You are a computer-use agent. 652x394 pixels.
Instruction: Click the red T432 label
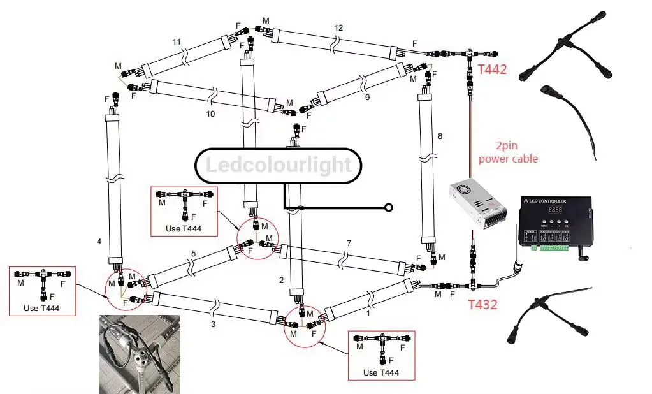(x=482, y=304)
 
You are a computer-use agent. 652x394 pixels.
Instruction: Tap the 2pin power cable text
(x=508, y=153)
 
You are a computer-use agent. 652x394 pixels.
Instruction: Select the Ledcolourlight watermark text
(x=278, y=166)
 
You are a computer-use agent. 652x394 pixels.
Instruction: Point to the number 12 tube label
(x=338, y=27)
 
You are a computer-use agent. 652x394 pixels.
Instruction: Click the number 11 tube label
(x=177, y=42)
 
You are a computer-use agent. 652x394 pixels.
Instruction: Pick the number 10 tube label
(x=210, y=114)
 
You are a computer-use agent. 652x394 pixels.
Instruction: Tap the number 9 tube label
(x=367, y=98)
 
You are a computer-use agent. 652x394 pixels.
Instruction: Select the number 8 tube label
(x=440, y=136)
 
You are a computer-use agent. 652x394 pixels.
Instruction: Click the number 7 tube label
(x=349, y=244)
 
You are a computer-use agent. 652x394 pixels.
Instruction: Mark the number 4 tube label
(x=99, y=242)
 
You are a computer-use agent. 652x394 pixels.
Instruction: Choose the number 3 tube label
(x=212, y=325)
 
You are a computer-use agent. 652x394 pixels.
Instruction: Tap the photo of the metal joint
(x=139, y=354)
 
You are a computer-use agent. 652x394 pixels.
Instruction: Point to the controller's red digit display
(x=556, y=209)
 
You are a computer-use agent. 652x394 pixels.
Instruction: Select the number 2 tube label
(x=281, y=280)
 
